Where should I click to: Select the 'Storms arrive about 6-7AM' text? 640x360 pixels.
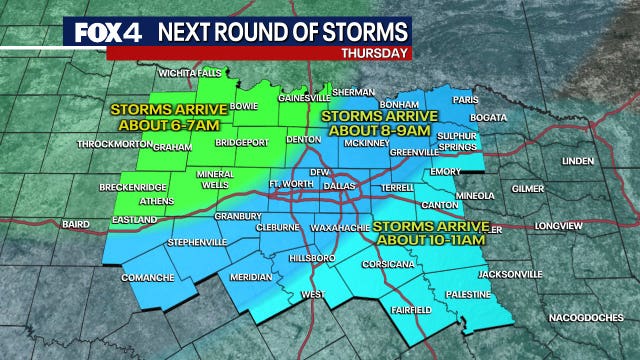click(x=156, y=116)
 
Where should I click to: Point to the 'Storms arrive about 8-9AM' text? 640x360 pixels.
click(x=369, y=123)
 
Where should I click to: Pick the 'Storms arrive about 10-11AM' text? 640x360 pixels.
click(x=429, y=232)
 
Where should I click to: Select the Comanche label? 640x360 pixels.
click(x=149, y=276)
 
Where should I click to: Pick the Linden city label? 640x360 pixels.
click(x=577, y=160)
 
